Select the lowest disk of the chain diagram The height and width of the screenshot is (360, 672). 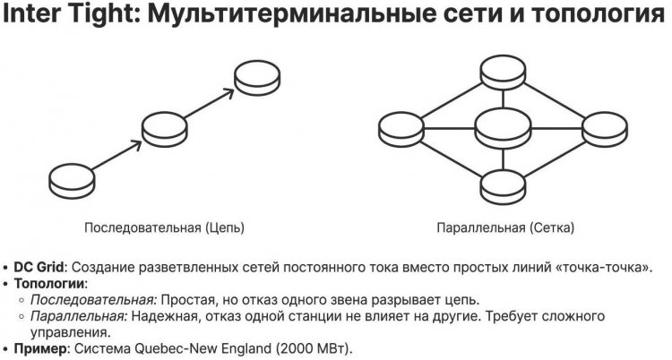coord(70,177)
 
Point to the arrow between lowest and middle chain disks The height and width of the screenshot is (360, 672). coord(116,152)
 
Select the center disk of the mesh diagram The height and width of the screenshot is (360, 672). coord(501,127)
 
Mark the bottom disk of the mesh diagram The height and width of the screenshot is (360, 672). coord(501,183)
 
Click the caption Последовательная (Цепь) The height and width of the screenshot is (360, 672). coord(164,227)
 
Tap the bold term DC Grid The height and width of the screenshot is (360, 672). coord(39,268)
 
